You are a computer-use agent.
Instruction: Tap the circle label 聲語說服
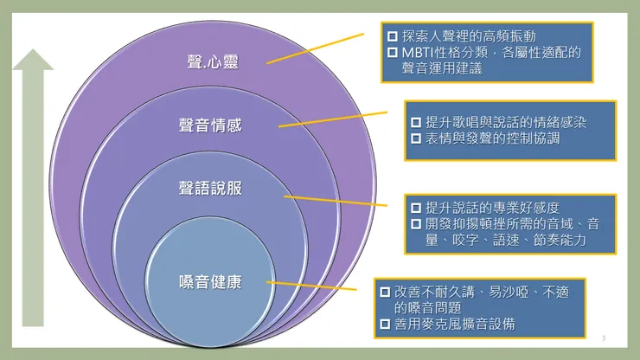point(212,186)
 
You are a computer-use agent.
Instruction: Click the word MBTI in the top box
point(420,53)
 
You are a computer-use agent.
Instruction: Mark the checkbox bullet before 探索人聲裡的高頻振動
point(393,36)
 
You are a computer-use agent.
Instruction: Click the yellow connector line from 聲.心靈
point(316,48)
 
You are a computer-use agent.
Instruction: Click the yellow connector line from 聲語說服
point(337,201)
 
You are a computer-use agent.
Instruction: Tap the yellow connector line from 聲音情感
point(333,119)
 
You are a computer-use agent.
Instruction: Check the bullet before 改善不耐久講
point(385,292)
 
